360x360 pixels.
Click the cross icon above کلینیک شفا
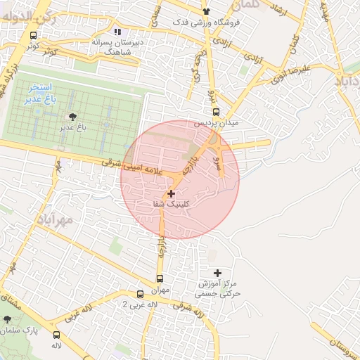pyautogui.click(x=171, y=193)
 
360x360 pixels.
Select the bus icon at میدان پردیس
pyautogui.click(x=215, y=112)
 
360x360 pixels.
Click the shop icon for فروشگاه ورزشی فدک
pyautogui.click(x=206, y=11)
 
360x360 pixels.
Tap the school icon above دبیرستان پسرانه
pyautogui.click(x=117, y=32)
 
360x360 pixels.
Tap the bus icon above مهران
pyautogui.click(x=160, y=278)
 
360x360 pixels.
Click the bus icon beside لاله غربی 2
pyautogui.click(x=140, y=295)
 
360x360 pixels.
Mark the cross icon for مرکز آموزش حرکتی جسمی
pyautogui.click(x=217, y=273)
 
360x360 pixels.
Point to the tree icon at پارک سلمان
pyautogui.click(x=8, y=319)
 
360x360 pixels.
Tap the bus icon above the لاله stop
pyautogui.click(x=56, y=335)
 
